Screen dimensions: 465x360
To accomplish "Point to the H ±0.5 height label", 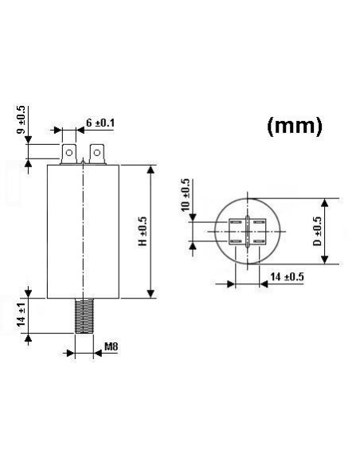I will click(x=143, y=231).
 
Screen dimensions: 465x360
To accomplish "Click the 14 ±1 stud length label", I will click(x=22, y=316).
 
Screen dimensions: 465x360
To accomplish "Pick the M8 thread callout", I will click(x=112, y=348).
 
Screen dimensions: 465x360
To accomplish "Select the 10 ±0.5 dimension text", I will click(x=186, y=196).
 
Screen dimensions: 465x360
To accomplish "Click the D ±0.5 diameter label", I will click(x=317, y=231).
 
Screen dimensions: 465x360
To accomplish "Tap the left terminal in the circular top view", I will click(x=237, y=231).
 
